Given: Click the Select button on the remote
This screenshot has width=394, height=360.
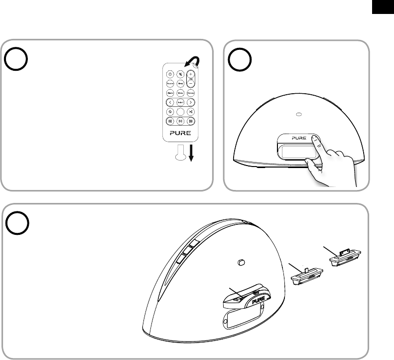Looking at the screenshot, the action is pos(180,102).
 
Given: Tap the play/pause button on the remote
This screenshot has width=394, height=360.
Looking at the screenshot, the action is pos(180,121).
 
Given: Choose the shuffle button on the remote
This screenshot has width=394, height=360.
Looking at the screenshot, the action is pos(191,112).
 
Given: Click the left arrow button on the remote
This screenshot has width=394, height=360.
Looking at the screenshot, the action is pos(169,102).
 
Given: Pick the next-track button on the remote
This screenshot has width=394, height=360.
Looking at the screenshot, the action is pos(191,121).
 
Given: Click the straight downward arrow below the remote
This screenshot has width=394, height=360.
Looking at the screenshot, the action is pos(191,154).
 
